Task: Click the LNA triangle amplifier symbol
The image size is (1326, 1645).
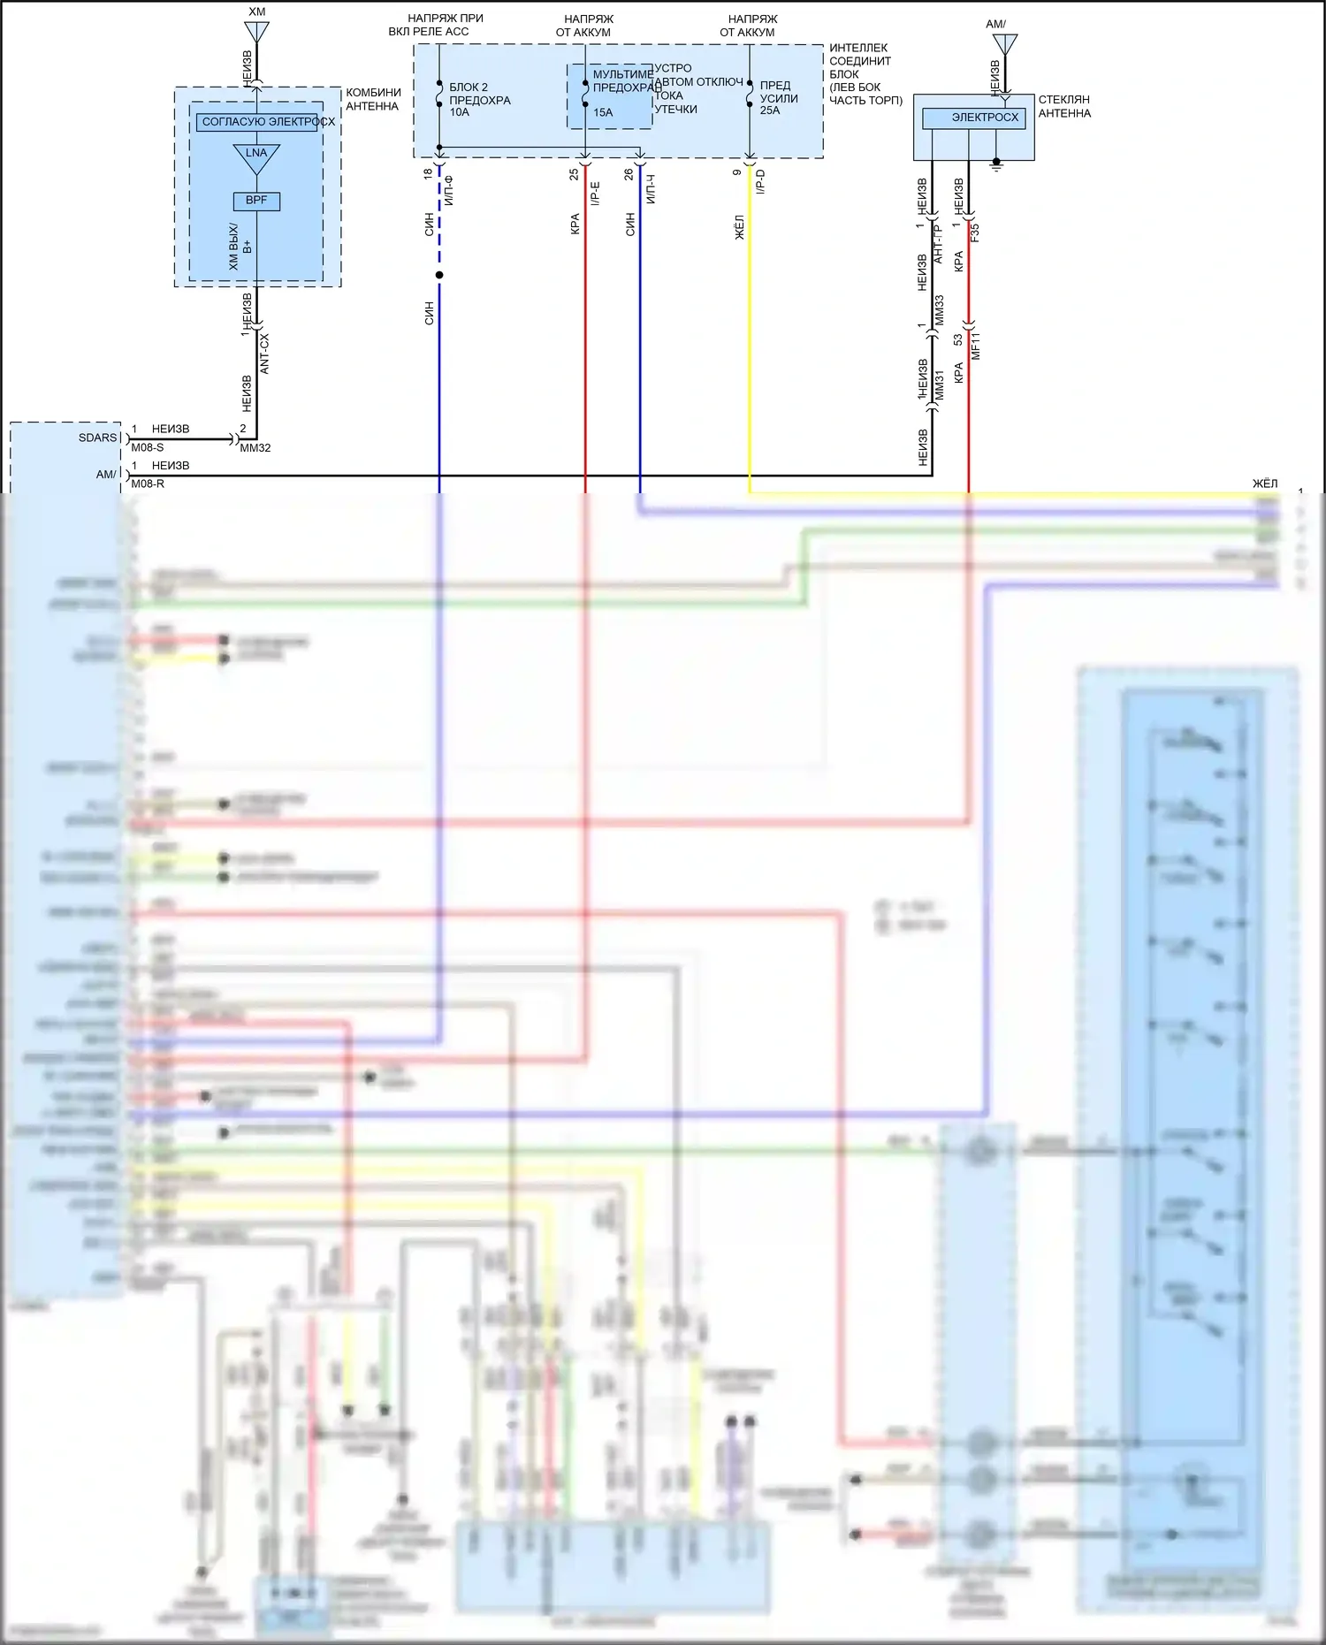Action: click(256, 156)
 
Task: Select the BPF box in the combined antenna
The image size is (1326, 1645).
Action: click(256, 201)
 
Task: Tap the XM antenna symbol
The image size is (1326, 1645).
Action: click(256, 32)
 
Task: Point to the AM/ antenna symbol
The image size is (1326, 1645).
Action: click(1005, 44)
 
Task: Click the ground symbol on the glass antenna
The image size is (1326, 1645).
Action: click(996, 164)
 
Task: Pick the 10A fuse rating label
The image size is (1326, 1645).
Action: click(459, 112)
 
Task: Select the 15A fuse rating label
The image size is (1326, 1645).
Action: click(603, 112)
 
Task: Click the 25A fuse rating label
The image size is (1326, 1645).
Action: click(770, 110)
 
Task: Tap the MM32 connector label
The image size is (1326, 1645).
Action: click(255, 448)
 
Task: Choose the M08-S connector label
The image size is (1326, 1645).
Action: click(148, 447)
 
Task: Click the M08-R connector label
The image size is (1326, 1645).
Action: click(148, 484)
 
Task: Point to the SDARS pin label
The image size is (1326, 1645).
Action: click(97, 438)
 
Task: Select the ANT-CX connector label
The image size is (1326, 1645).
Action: click(264, 354)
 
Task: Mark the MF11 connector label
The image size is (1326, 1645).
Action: click(976, 346)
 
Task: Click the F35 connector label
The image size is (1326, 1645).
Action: click(975, 233)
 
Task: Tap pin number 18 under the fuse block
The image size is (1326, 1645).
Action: click(429, 174)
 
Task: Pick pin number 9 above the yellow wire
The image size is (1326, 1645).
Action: click(737, 172)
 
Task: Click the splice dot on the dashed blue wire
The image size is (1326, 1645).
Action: click(439, 275)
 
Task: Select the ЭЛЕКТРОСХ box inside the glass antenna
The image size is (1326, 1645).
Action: click(973, 118)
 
